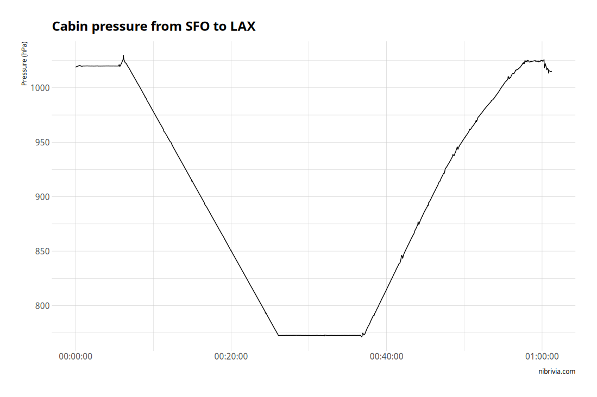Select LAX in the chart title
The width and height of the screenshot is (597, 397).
pyautogui.click(x=242, y=26)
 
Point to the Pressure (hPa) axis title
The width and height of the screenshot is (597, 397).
pyautogui.click(x=24, y=63)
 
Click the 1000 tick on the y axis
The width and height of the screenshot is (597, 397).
pyautogui.click(x=40, y=88)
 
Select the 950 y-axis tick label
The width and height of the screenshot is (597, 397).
pyautogui.click(x=42, y=142)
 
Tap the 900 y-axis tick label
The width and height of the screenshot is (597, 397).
pyautogui.click(x=42, y=197)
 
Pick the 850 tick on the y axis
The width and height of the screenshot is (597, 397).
pyautogui.click(x=42, y=251)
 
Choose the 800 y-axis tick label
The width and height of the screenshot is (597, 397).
pyautogui.click(x=42, y=306)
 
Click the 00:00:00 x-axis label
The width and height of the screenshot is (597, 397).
pyautogui.click(x=76, y=356)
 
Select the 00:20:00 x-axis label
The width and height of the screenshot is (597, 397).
pyautogui.click(x=231, y=356)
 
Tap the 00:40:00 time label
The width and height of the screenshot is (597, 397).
pyautogui.click(x=386, y=356)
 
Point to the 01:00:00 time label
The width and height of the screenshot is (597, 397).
pyautogui.click(x=542, y=356)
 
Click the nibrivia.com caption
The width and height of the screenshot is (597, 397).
pyautogui.click(x=556, y=372)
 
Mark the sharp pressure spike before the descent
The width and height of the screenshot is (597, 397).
pyautogui.click(x=123, y=56)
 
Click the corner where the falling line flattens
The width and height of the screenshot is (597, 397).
pyautogui.click(x=278, y=335)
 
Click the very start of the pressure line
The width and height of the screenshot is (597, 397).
pyautogui.click(x=76, y=67)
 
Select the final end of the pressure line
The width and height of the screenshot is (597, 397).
pyautogui.click(x=551, y=72)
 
